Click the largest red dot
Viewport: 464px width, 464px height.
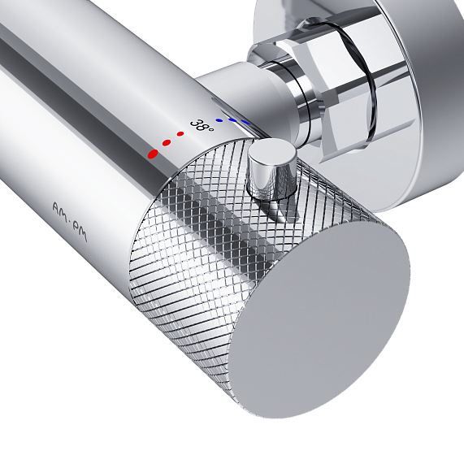[x=154, y=154]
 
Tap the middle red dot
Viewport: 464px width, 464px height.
[x=167, y=143]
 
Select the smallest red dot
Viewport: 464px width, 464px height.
[x=180, y=134]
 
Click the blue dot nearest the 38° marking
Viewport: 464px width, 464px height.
[x=219, y=120]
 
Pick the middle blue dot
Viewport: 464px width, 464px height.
[x=232, y=120]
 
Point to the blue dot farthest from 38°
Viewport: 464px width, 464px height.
[x=245, y=122]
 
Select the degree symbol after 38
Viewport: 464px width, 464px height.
[x=210, y=129]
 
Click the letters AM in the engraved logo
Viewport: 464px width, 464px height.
[x=61, y=212]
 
